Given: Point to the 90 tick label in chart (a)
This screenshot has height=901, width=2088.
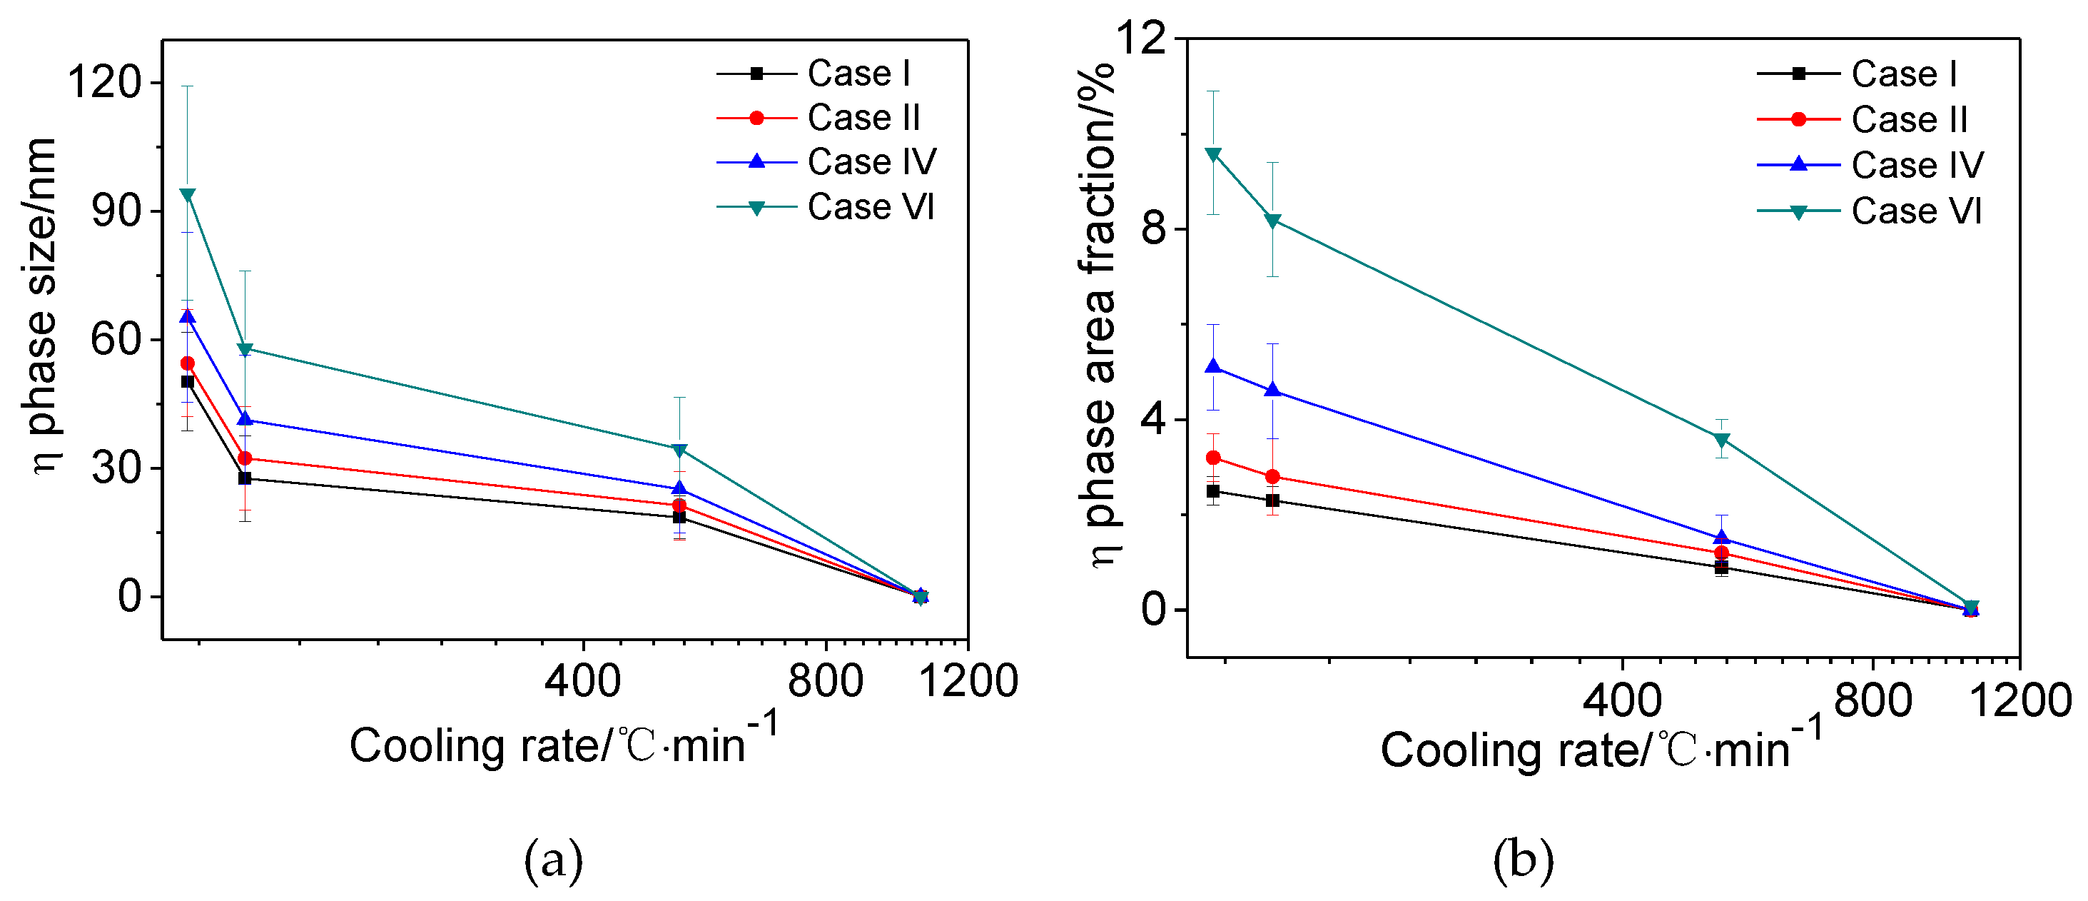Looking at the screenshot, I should point(116,211).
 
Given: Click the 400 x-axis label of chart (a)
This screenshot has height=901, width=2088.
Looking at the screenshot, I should point(583,680).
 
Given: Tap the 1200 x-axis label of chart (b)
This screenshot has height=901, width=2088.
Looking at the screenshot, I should point(2020,699).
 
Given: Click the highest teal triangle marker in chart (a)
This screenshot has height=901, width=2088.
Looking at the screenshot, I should point(187,195).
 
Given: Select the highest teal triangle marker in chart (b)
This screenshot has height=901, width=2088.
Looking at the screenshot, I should point(1213,154).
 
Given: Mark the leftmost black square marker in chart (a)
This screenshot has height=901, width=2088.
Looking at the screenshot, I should point(187,381).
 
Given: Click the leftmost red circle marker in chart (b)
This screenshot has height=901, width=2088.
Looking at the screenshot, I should point(1213,458).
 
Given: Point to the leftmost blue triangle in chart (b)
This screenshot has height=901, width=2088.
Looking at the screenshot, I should point(1213,366).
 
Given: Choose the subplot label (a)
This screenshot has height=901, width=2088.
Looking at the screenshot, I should point(554,860).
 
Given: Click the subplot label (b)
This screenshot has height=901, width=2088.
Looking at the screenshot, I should point(1523,860).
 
